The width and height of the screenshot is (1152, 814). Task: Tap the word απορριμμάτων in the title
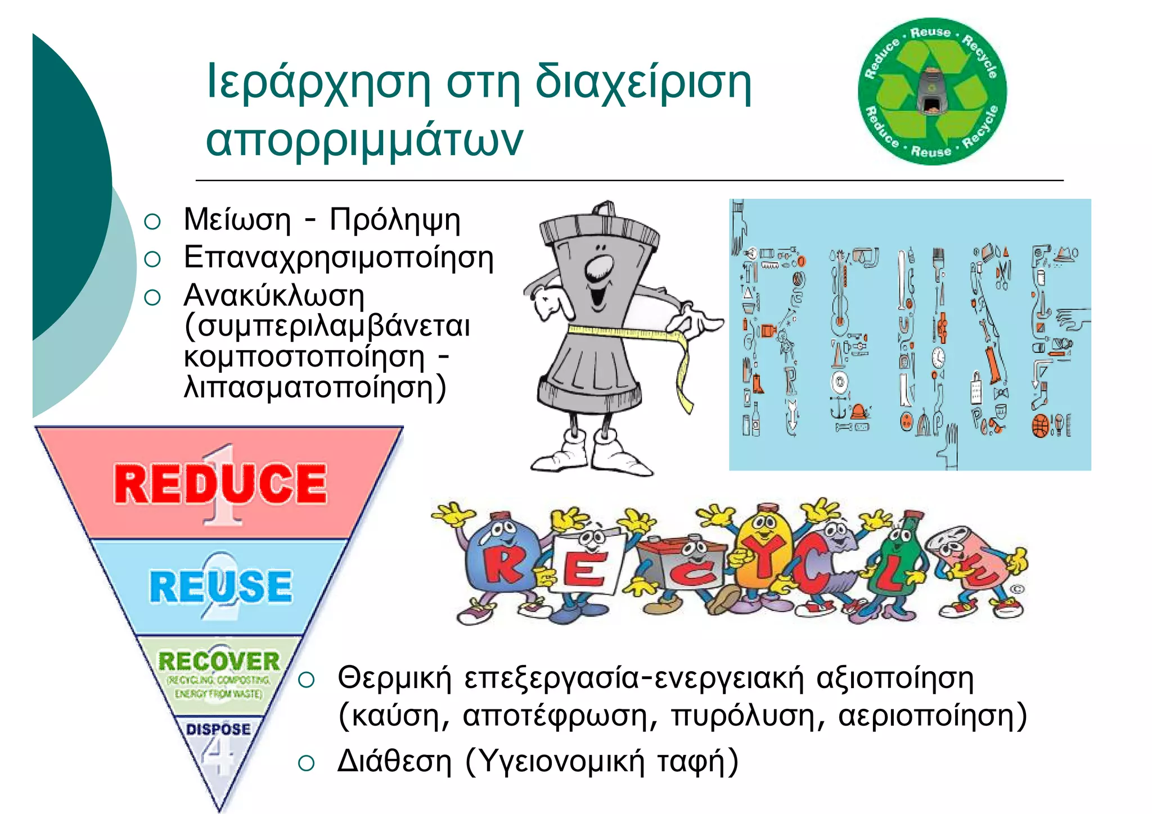364,141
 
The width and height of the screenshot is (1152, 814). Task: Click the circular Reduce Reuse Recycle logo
932,92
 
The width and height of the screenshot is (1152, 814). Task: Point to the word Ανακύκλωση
274,296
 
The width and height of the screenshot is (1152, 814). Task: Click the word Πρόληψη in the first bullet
395,220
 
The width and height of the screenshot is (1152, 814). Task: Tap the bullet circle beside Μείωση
152,221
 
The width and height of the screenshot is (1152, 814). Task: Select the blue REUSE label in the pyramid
220,586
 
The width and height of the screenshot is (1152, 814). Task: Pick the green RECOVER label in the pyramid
219,661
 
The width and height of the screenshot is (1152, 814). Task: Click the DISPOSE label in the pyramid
218,729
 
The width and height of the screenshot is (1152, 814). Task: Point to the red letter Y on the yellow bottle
764,554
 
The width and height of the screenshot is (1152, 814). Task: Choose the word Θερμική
394,678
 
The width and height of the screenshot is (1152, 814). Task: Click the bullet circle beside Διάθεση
306,763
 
